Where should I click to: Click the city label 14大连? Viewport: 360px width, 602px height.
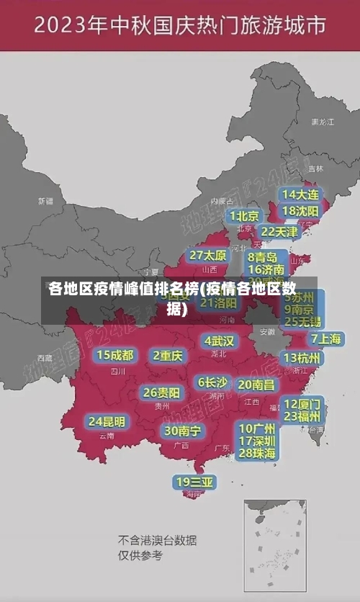pyautogui.click(x=301, y=194)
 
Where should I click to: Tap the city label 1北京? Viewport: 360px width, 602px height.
pyautogui.click(x=245, y=215)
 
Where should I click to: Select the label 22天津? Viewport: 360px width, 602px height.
pyautogui.click(x=279, y=231)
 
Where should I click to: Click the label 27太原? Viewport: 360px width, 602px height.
pyautogui.click(x=208, y=256)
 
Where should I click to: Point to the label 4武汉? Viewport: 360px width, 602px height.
pyautogui.click(x=219, y=340)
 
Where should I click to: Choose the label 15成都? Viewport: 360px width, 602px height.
pyautogui.click(x=115, y=355)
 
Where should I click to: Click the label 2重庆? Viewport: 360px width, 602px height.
pyautogui.click(x=168, y=355)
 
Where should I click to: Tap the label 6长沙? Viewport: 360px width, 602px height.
pyautogui.click(x=212, y=382)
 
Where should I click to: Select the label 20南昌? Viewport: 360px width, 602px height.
pyautogui.click(x=256, y=385)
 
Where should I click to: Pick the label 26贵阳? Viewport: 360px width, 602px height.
pyautogui.click(x=161, y=392)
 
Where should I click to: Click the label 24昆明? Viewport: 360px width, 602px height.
pyautogui.click(x=107, y=421)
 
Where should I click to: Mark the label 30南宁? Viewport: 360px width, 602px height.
pyautogui.click(x=183, y=431)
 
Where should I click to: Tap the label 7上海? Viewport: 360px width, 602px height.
pyautogui.click(x=325, y=338)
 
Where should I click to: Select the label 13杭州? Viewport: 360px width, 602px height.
pyautogui.click(x=302, y=358)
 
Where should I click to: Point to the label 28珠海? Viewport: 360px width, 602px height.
pyautogui.click(x=257, y=453)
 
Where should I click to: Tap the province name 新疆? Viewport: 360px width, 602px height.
pyautogui.click(x=45, y=201)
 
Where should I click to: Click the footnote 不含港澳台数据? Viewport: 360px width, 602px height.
pyautogui.click(x=157, y=540)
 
